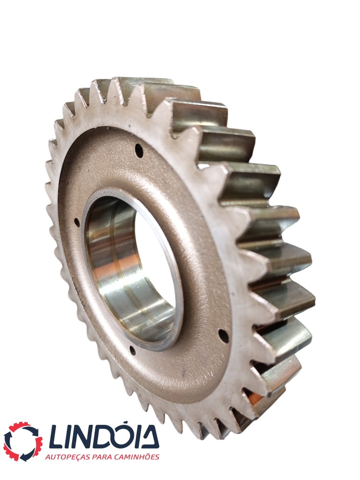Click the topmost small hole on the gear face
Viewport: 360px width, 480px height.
click(139, 151)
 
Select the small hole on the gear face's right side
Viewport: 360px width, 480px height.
click(224, 336)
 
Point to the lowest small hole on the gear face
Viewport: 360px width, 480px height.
click(133, 350)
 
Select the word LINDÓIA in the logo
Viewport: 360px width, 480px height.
click(104, 436)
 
